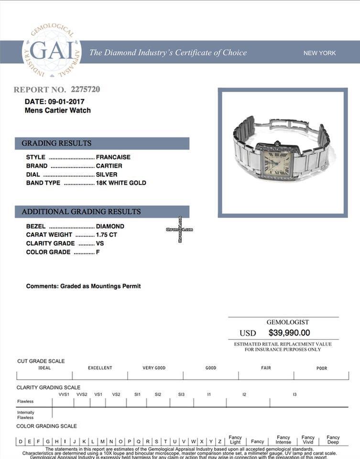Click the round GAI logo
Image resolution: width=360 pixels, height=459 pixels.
pos(52,52)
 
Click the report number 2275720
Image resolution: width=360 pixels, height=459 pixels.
pos(85,89)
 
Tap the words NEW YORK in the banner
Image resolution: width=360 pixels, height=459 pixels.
pos(319,53)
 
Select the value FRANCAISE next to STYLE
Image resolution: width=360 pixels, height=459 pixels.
pos(113,157)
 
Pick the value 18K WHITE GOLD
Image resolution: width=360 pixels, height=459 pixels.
pos(121,183)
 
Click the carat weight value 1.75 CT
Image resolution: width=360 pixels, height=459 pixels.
pos(107,235)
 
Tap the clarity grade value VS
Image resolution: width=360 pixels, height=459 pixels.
pos(100,243)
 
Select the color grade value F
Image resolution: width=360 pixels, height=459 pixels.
pos(98,252)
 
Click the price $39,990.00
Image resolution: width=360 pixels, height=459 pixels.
pos(289,333)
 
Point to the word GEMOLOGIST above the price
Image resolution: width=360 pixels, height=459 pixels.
pos(287,322)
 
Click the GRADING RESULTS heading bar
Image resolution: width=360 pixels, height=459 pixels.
pos(102,143)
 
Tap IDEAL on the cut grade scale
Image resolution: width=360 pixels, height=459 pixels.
pos(44,368)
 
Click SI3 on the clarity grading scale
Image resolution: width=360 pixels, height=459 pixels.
pos(181,394)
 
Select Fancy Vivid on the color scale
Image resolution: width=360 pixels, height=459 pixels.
pos(308,440)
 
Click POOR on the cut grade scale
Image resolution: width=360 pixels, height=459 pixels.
pos(322,368)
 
